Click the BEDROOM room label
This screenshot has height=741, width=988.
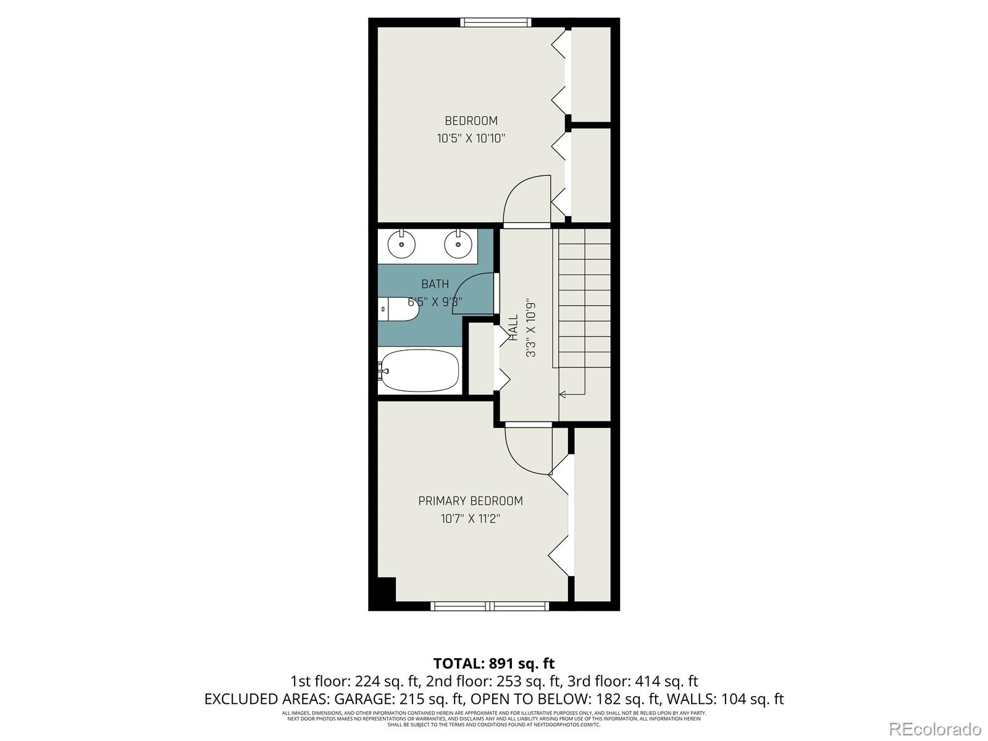pyautogui.click(x=471, y=121)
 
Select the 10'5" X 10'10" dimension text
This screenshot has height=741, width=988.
pyautogui.click(x=471, y=139)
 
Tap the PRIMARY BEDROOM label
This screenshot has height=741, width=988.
pyautogui.click(x=470, y=501)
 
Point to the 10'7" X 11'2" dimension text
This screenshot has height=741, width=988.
pyautogui.click(x=470, y=519)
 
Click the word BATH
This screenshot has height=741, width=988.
pyautogui.click(x=435, y=284)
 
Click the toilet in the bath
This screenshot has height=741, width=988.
pyautogui.click(x=398, y=309)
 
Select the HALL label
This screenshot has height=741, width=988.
pyautogui.click(x=514, y=327)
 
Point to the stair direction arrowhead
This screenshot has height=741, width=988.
pyautogui.click(x=562, y=393)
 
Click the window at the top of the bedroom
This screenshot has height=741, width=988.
pyautogui.click(x=496, y=23)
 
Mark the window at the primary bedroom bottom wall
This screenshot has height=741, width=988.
pyautogui.click(x=490, y=606)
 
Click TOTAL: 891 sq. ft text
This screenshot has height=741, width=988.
pyautogui.click(x=494, y=663)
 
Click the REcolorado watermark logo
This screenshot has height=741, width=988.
pyautogui.click(x=935, y=729)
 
